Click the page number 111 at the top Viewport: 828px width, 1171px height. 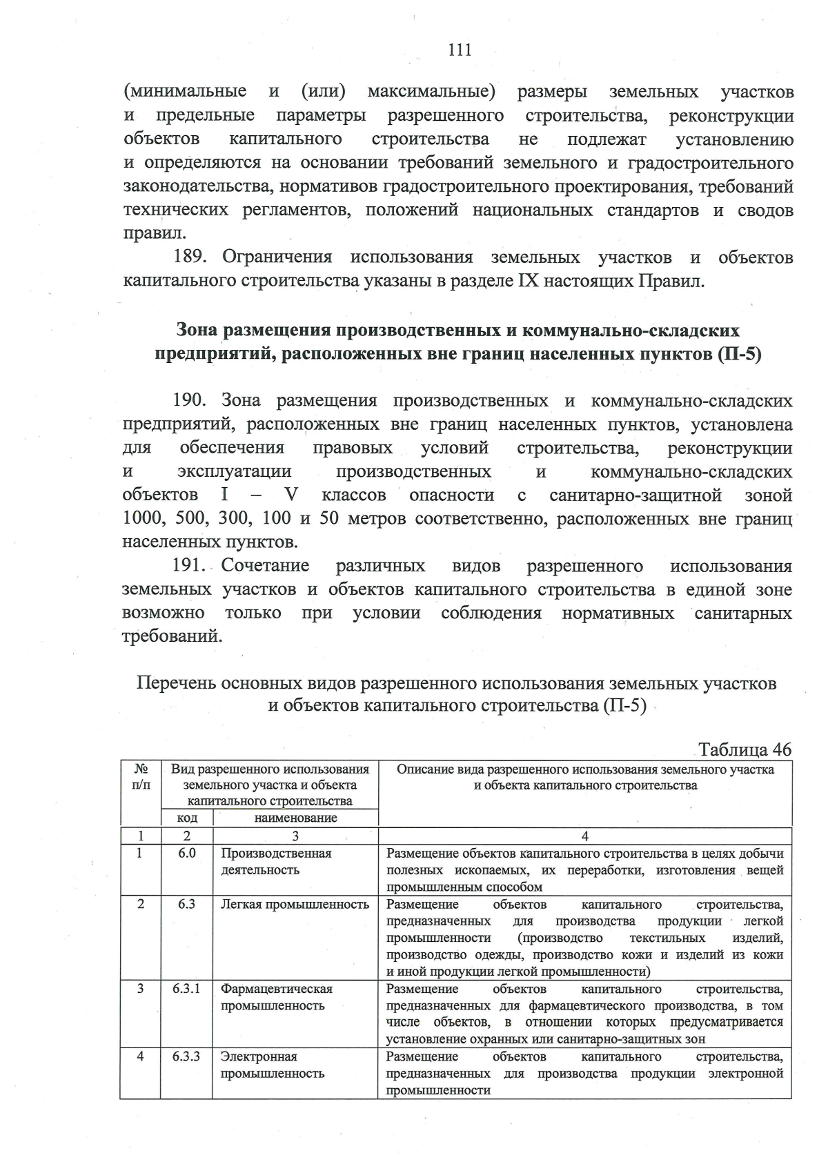[x=460, y=49]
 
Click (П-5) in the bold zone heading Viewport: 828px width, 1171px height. [x=739, y=354]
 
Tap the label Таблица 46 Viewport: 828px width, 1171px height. [x=745, y=749]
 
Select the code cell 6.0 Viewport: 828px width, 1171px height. [x=186, y=854]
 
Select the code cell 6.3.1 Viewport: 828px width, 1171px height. [x=186, y=989]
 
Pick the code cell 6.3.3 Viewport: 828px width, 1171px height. [x=186, y=1056]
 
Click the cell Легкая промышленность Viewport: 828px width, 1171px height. [x=295, y=905]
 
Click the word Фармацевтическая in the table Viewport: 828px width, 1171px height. [x=276, y=989]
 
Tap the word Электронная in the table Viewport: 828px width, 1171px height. [x=259, y=1056]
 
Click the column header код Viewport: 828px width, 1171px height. [x=187, y=818]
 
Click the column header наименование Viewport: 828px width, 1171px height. [x=295, y=818]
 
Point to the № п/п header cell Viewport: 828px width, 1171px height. [x=141, y=777]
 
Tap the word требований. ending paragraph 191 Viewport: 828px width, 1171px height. [x=172, y=636]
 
